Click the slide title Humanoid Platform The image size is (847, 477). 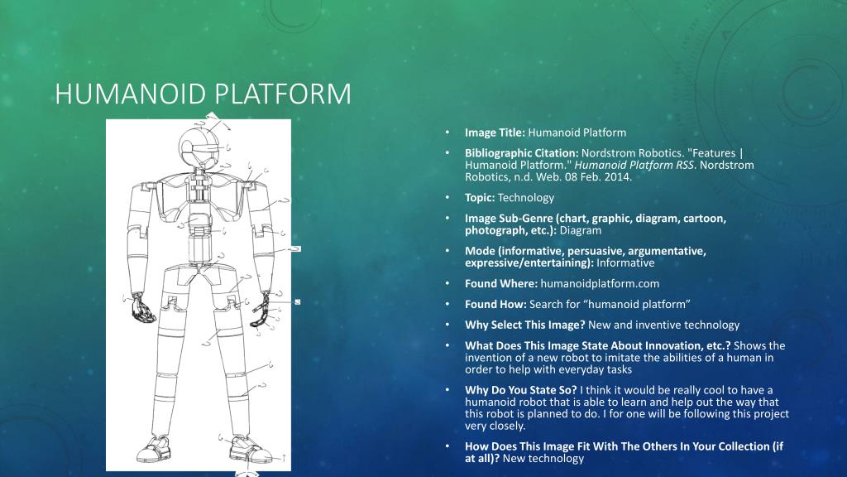[203, 94]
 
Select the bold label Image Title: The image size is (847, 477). [495, 132]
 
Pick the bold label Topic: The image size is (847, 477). [480, 198]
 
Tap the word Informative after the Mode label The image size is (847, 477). [625, 263]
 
